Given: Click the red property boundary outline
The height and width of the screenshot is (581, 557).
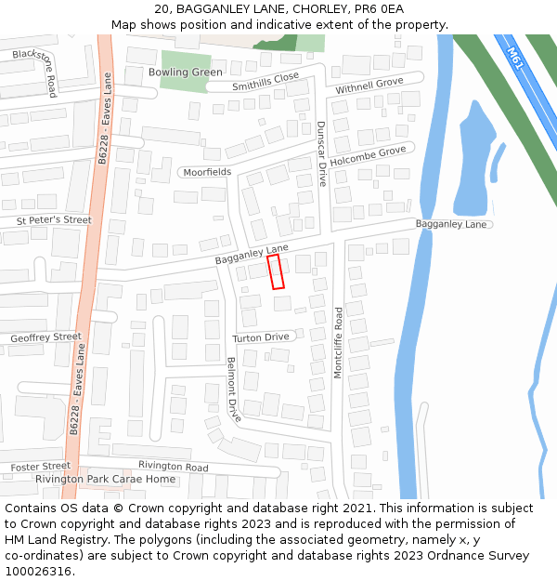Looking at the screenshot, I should (276, 271).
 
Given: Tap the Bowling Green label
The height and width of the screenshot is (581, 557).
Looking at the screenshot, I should (186, 73).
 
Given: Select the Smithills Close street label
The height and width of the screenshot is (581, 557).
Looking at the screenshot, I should (266, 82).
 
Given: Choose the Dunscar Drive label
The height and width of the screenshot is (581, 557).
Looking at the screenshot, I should (321, 153).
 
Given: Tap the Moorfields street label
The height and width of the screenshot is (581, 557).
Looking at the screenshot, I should (207, 173).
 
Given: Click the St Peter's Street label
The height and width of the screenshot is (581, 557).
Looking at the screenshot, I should (54, 220).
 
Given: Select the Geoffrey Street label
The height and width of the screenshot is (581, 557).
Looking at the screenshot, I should (45, 337).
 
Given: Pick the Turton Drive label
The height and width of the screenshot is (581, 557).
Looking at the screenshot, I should (261, 337).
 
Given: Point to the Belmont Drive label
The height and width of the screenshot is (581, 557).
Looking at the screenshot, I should (233, 390).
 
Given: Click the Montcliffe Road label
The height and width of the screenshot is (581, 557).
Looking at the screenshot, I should (339, 341).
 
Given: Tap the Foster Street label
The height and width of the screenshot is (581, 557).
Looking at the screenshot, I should (41, 466).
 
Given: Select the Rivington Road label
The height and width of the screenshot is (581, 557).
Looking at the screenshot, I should (174, 466).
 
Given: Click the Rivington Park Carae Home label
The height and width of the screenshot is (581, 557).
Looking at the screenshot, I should (105, 480).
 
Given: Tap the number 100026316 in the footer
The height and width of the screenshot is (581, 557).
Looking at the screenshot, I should (37, 571).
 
